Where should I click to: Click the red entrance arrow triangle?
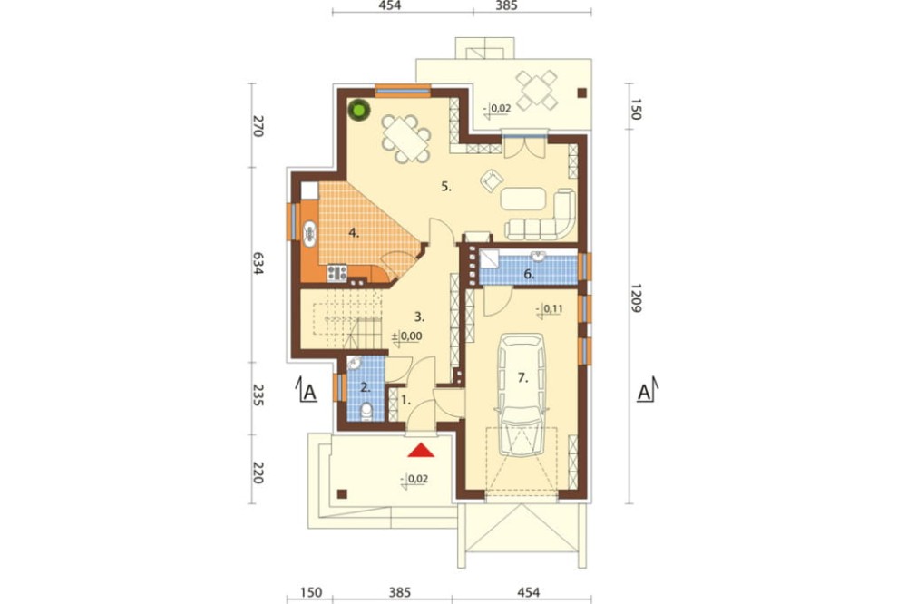421,450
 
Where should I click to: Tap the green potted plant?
359,110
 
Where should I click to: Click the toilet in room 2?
366,413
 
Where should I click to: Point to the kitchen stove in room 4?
336,272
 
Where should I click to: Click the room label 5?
446,186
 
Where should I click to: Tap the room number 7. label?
523,378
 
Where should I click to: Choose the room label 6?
529,274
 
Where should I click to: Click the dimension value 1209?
635,298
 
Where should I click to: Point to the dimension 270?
258,126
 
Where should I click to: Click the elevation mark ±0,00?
407,336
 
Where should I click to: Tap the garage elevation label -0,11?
550,309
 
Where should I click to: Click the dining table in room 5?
406,138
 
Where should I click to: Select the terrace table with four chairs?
536,91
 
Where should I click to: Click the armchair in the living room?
491,180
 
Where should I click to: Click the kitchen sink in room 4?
309,234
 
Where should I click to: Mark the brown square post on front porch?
342,493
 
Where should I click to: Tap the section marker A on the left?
309,393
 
